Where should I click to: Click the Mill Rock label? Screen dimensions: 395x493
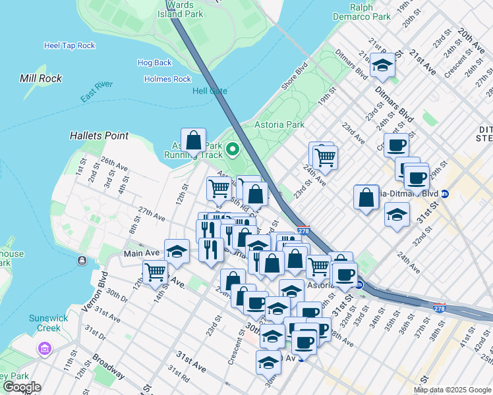[x=41, y=78]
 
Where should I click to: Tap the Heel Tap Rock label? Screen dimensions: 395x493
[x=69, y=45]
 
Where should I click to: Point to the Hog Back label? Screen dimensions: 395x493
[x=154, y=63]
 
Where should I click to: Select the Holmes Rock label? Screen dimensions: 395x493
[x=167, y=79]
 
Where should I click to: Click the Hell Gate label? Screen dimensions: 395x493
[x=209, y=91]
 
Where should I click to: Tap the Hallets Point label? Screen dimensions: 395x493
[x=99, y=136]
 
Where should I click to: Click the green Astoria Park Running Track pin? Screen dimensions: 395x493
[x=232, y=149]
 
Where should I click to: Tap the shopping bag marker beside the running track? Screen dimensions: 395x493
[x=193, y=141]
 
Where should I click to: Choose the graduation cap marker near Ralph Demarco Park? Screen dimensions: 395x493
[x=382, y=65]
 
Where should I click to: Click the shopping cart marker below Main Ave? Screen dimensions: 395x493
[x=155, y=271]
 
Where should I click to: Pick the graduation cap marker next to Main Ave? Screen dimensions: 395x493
[x=177, y=251]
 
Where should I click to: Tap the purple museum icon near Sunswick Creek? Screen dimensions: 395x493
[x=45, y=348]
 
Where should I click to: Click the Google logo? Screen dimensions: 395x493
[x=22, y=387]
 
